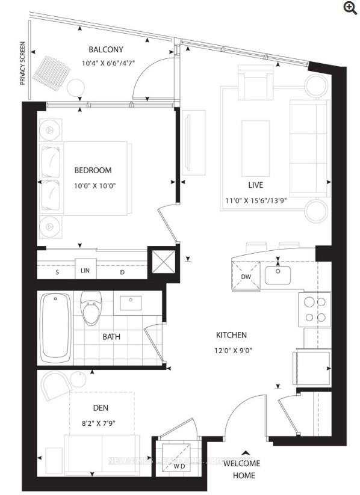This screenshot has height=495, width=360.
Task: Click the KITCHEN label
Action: coord(232,335)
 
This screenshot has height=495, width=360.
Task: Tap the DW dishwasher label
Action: coord(245,277)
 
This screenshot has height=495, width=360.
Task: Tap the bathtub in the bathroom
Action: coord(55,328)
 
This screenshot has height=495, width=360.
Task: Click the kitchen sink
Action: coord(278,276)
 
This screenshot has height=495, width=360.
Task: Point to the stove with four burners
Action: coord(315,310)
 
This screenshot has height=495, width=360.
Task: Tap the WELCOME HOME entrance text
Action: coord(241,469)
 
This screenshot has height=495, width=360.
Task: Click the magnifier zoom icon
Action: coord(350,7)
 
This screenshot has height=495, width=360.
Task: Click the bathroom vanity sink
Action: coord(130,303)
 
